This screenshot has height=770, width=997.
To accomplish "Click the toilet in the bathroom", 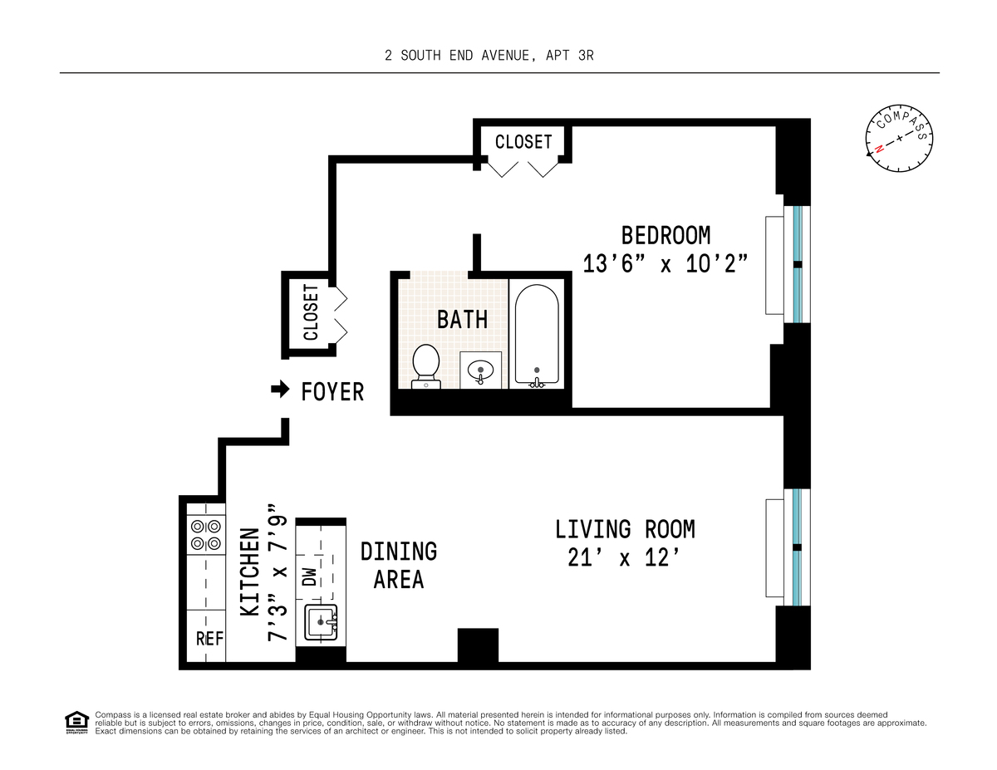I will pyautogui.click(x=426, y=365).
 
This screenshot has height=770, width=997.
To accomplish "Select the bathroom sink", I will pyautogui.click(x=480, y=370).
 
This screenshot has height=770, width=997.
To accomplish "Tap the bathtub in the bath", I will pyautogui.click(x=537, y=334).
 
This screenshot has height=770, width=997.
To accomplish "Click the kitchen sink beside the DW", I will pyautogui.click(x=321, y=622).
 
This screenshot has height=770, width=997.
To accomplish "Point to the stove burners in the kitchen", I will pyautogui.click(x=205, y=535).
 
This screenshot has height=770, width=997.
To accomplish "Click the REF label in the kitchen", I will pyautogui.click(x=209, y=639).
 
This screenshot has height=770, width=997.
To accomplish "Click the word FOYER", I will pyautogui.click(x=332, y=392).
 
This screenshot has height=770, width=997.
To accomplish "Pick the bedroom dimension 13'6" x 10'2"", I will pyautogui.click(x=665, y=263).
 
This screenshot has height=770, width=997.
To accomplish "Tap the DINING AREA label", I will pyautogui.click(x=399, y=565).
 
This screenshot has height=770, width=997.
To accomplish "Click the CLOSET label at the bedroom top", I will pyautogui.click(x=523, y=142).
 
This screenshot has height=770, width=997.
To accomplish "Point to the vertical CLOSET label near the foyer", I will pyautogui.click(x=311, y=312).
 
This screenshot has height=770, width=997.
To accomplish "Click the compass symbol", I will pyautogui.click(x=900, y=143).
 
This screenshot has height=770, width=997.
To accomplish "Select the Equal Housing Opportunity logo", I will pyautogui.click(x=76, y=723).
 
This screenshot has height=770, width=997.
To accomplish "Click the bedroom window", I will pyautogui.click(x=798, y=264).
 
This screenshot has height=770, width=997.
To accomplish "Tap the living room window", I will pyautogui.click(x=798, y=547).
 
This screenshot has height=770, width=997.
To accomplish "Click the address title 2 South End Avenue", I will pyautogui.click(x=489, y=56).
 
